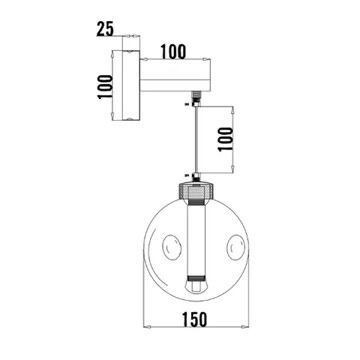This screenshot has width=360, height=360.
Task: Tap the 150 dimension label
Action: coord(193,318)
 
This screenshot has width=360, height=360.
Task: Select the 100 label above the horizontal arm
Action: coord(172,52)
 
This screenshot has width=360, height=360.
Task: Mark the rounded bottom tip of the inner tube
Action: coord(196,287)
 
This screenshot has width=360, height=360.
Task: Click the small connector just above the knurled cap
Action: coord(196,178)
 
